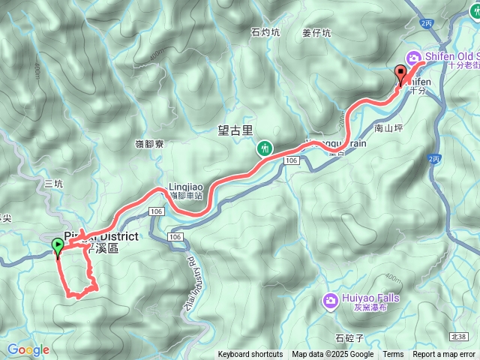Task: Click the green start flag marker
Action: (58, 245)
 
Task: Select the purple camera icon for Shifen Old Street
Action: (413, 57)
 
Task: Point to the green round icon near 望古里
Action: (265, 148)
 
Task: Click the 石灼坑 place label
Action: (265, 32)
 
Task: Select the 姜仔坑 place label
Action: (316, 32)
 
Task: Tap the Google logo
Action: (28, 349)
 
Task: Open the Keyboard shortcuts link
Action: (250, 355)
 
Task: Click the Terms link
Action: (393, 355)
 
